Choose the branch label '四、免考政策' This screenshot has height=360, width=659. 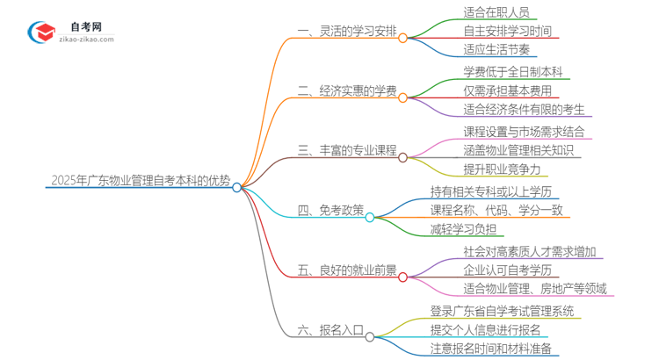[330, 211]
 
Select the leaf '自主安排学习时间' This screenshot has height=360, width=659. [507, 32]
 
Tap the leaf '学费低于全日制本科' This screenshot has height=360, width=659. [514, 72]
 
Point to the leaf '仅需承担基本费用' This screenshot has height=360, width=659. [507, 91]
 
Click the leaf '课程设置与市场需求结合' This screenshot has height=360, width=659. [524, 132]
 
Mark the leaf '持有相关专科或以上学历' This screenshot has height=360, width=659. [496, 191]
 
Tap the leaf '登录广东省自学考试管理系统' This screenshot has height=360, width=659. [502, 311]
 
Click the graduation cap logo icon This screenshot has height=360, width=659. [41, 32]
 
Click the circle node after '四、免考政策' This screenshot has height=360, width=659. [370, 217]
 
